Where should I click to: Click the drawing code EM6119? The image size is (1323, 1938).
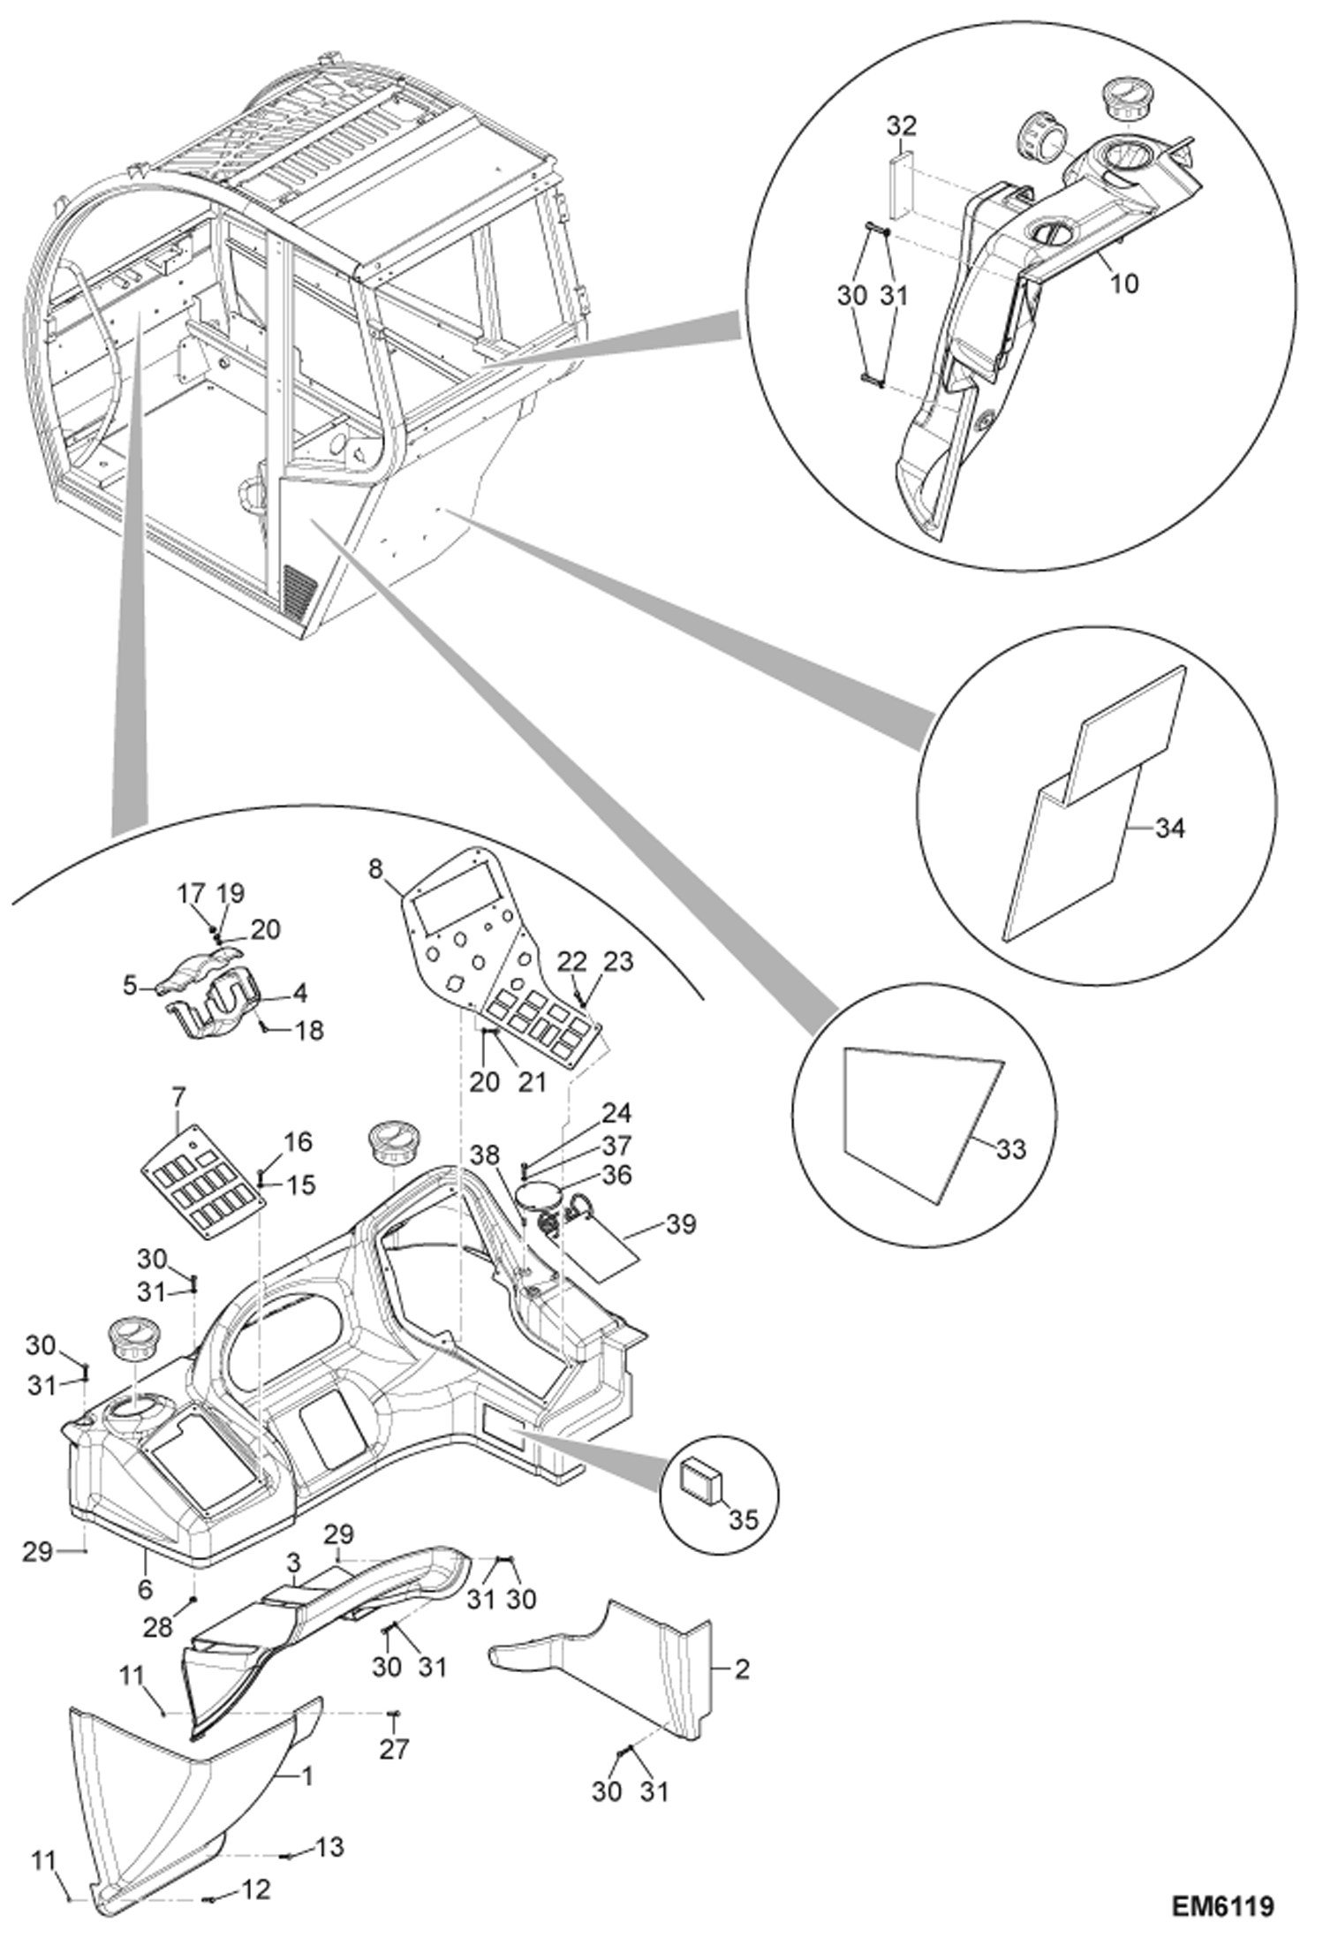coord(1223,1905)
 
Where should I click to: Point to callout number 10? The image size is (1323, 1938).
coord(1123,284)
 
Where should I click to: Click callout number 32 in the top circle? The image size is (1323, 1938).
coord(901,125)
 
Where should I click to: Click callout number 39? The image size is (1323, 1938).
coord(681,1224)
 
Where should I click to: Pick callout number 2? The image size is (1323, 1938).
coord(742,1669)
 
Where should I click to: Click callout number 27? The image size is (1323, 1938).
coord(394,1748)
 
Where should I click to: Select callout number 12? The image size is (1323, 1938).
coord(255,1889)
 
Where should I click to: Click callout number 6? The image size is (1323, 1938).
coord(146,1589)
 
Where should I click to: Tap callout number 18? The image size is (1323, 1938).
coord(309,1030)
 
